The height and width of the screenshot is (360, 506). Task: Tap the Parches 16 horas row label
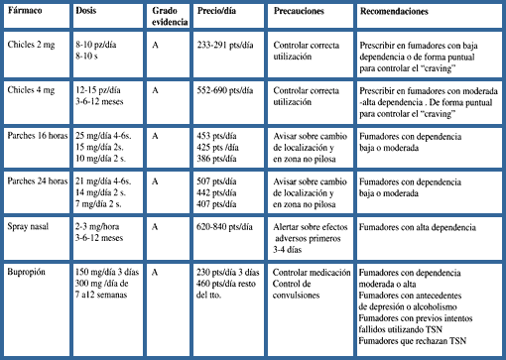click(x=40, y=137)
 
